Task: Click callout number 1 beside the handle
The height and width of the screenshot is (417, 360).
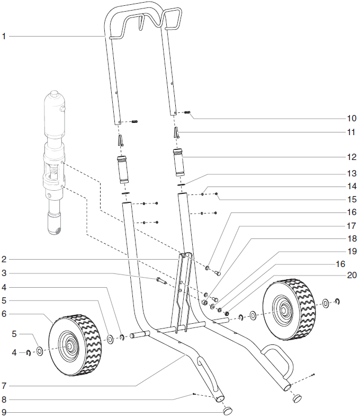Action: (4, 36)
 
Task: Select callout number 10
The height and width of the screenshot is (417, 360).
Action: (352, 118)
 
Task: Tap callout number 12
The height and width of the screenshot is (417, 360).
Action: (352, 157)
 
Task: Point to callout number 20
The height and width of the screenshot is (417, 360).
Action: (352, 276)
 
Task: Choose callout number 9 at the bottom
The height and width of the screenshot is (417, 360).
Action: (4, 412)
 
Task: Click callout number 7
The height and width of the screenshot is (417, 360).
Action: (4, 385)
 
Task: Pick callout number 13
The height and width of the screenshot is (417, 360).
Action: (352, 173)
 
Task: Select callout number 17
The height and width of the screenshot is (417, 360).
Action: (352, 225)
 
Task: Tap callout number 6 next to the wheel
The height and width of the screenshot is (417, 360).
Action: (4, 314)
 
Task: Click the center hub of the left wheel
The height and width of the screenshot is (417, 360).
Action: (69, 345)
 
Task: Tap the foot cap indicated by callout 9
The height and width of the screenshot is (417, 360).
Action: (229, 410)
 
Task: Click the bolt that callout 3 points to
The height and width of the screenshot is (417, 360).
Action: (161, 280)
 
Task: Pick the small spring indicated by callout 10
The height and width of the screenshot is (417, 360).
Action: (187, 112)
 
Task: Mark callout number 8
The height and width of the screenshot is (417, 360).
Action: (4, 399)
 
